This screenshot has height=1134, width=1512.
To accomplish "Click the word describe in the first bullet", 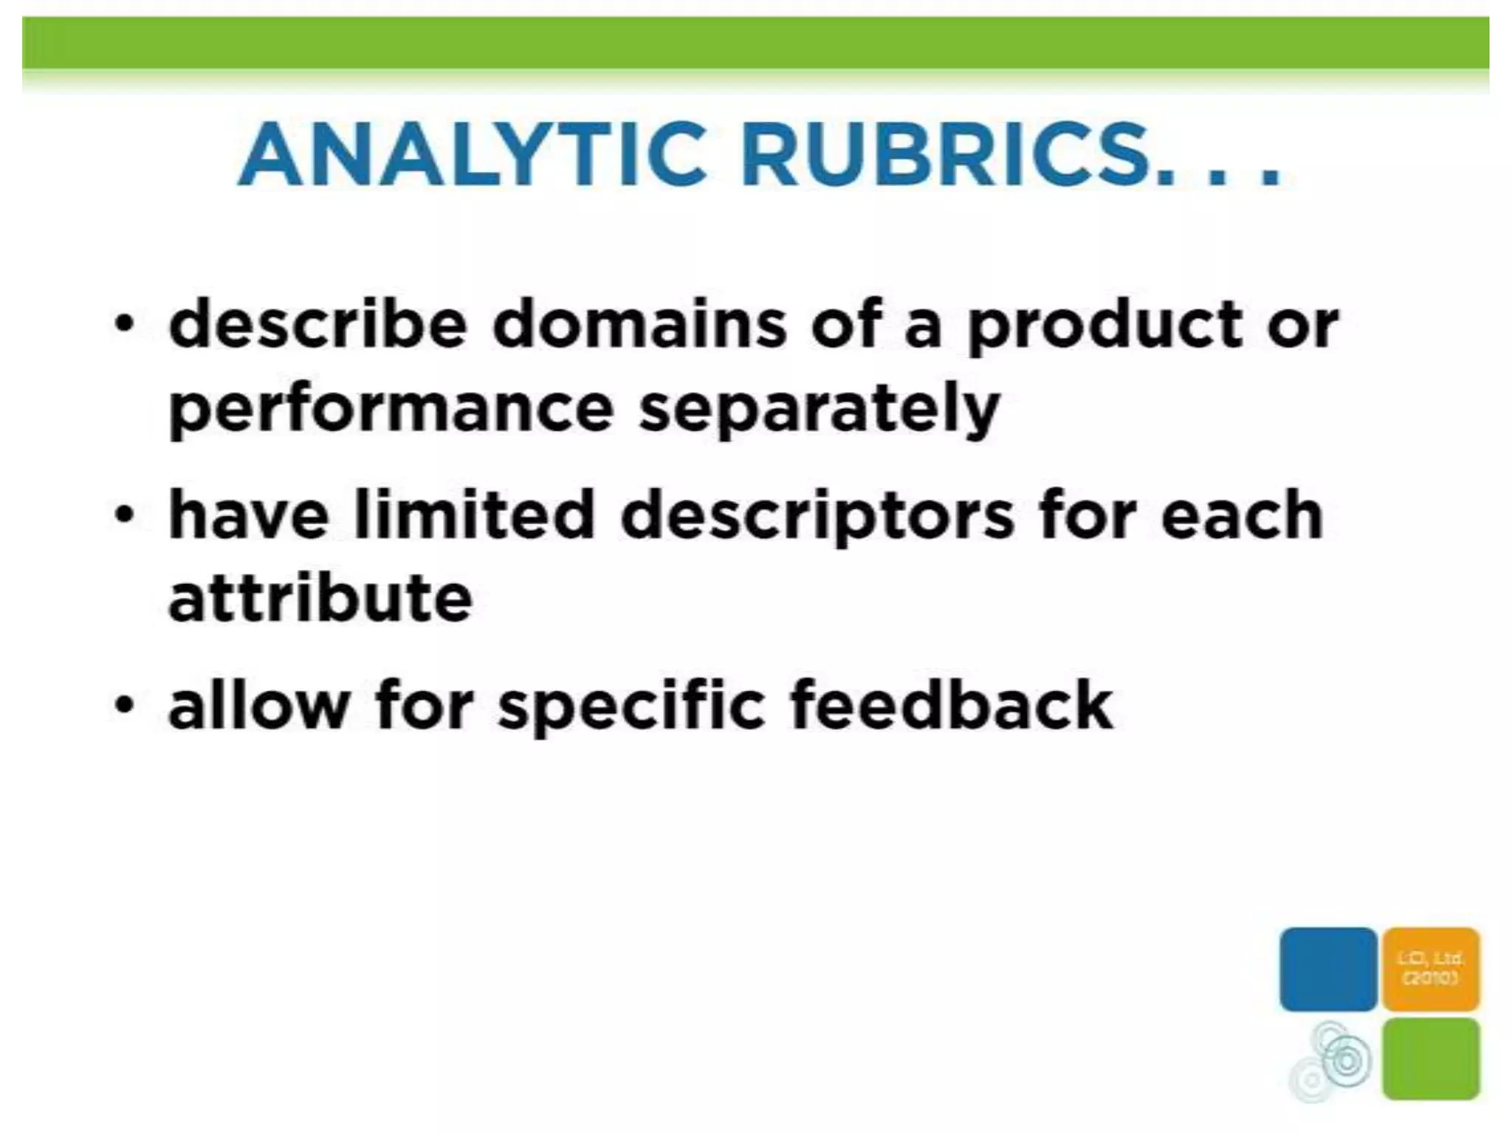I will (318, 325).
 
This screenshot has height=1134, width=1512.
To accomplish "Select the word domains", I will (639, 325).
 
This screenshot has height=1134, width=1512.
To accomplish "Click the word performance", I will (391, 410).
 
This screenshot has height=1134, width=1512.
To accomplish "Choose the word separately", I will (819, 410).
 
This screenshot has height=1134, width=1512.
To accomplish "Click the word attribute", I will (320, 598).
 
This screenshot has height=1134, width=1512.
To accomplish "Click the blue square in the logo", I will (1327, 969).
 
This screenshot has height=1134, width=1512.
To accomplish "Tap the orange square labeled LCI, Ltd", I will (1431, 969).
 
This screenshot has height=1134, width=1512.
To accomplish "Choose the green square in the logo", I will (1431, 1057).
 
